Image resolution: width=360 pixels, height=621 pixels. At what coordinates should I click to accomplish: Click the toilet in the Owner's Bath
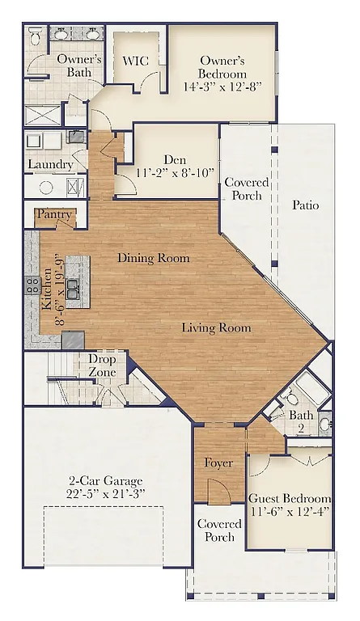click(x=36, y=38)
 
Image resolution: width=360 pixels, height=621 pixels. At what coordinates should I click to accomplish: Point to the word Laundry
click(x=50, y=164)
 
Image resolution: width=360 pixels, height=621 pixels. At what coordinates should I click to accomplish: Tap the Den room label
click(x=175, y=159)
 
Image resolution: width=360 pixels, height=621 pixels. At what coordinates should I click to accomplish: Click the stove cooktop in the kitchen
click(x=33, y=285)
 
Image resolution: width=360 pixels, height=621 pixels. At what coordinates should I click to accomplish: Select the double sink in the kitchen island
click(x=74, y=288)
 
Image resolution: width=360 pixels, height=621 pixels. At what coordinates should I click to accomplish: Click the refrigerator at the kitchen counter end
click(x=72, y=339)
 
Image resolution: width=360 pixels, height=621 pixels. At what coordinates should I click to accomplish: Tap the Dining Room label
click(x=154, y=258)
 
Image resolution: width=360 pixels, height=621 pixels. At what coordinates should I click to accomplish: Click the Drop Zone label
click(x=102, y=365)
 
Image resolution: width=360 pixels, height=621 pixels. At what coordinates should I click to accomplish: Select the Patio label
click(x=305, y=205)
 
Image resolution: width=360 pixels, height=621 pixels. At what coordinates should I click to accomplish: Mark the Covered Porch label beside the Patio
click(x=241, y=189)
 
